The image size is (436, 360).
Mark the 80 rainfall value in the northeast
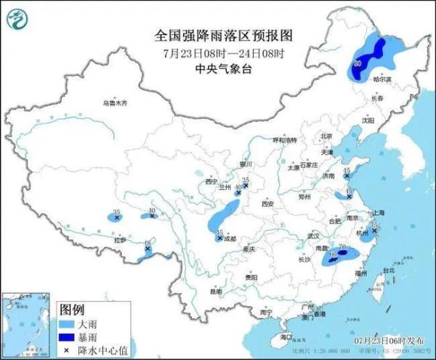(x=357, y=65)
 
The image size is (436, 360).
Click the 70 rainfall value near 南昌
(x=342, y=247)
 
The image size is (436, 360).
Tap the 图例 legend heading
(x=72, y=308)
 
